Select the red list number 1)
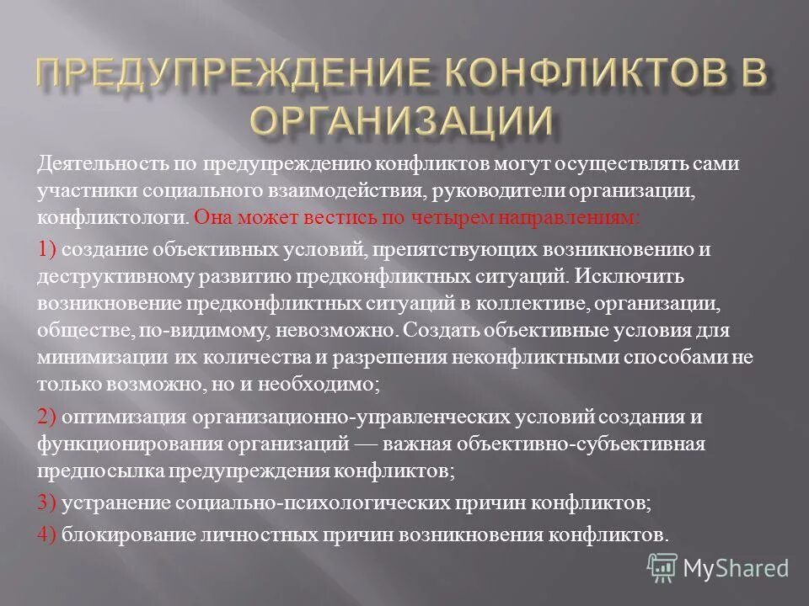47,249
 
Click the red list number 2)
47,417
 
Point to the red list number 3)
47,503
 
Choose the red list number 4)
47,534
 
